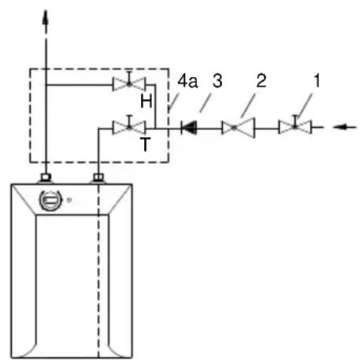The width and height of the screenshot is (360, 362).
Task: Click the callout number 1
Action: [x=317, y=80]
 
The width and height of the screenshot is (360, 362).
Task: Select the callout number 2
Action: [x=262, y=80]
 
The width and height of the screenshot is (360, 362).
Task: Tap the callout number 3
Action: [x=217, y=80]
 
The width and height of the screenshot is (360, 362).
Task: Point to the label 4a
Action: [x=187, y=80]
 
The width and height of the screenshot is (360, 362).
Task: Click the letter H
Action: [x=146, y=101]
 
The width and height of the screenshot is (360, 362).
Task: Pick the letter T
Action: [x=145, y=144]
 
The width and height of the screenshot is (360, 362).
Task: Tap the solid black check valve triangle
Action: [x=189, y=128]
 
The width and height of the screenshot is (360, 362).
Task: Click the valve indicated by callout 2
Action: [x=238, y=128]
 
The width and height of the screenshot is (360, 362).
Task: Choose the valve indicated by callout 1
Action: [x=295, y=125]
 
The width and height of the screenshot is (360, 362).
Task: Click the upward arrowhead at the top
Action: [x=46, y=18]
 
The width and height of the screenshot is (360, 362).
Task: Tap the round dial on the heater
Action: [x=50, y=200]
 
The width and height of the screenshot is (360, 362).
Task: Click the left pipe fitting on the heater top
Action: [x=46, y=177]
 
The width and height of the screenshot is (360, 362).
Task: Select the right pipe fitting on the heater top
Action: [x=98, y=177]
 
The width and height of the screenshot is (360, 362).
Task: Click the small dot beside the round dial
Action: [x=69, y=200]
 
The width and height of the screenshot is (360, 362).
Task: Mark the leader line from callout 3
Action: [x=205, y=103]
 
